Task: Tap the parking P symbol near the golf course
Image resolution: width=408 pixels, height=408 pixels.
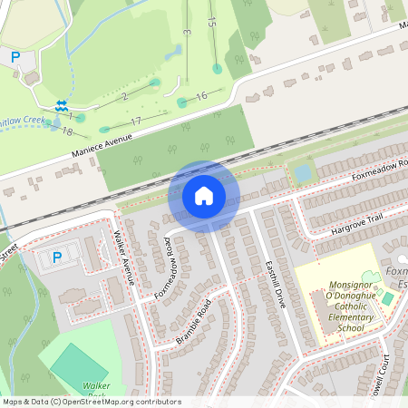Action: click(x=15, y=56)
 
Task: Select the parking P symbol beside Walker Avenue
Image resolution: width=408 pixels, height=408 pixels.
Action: click(x=56, y=257)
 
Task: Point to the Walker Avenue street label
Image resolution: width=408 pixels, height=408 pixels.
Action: click(x=124, y=258)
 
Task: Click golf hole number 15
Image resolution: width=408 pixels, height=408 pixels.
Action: click(x=211, y=20)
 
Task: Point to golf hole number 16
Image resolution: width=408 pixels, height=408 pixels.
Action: click(x=201, y=95)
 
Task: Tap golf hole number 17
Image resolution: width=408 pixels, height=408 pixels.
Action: click(x=136, y=121)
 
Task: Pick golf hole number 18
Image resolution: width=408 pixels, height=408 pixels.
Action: click(x=67, y=131)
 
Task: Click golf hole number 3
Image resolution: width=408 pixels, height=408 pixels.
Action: click(x=185, y=33)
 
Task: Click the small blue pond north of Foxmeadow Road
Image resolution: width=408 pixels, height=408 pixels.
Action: click(x=302, y=171)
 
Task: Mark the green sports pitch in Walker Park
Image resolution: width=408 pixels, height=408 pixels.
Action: click(x=77, y=366)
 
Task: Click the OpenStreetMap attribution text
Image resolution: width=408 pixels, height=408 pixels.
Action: click(x=91, y=402)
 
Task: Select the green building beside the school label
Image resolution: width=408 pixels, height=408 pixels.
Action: click(x=388, y=297)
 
